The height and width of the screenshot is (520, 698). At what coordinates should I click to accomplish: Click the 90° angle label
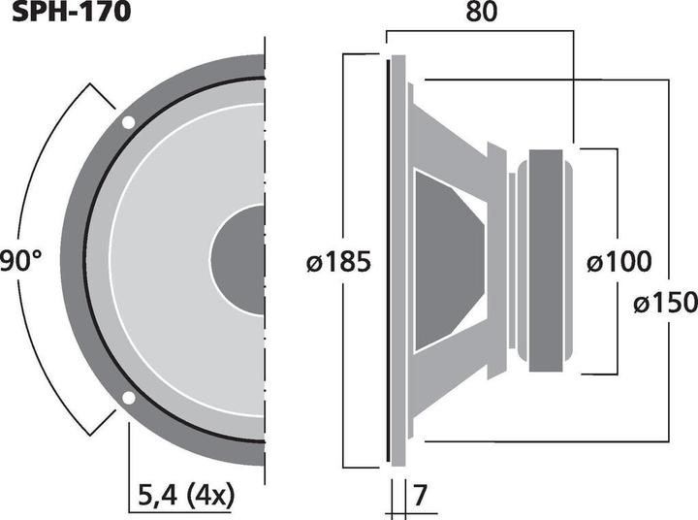[x=20, y=261]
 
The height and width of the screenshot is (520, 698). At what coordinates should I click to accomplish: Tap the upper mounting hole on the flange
[x=128, y=122]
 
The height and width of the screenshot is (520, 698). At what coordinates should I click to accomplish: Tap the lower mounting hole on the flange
[x=128, y=397]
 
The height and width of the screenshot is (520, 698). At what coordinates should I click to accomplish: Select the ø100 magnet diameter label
[x=619, y=262]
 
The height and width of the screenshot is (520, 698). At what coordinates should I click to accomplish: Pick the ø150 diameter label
[x=665, y=304]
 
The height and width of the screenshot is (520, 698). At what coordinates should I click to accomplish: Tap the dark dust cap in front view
[x=238, y=260]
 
